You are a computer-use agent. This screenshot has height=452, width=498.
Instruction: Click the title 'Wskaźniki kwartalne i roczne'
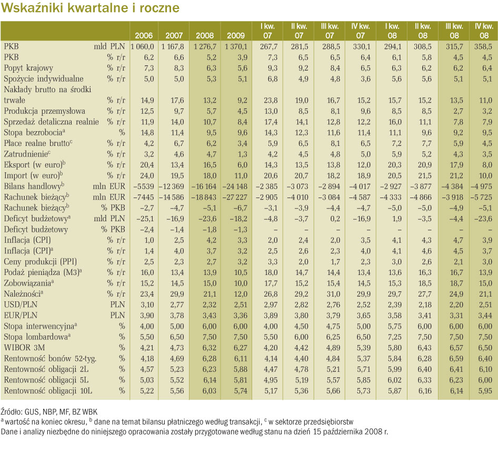pos(90,8)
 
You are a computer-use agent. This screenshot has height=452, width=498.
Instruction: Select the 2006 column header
pos(144,36)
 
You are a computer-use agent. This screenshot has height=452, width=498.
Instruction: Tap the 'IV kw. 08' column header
pos(484,31)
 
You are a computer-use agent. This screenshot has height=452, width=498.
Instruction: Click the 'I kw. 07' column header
pos(267,31)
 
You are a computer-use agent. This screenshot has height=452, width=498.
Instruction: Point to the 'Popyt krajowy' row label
pos(28,68)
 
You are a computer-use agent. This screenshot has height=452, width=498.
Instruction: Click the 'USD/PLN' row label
pos(21,305)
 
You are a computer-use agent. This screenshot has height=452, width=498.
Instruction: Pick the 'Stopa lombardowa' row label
pos(37,337)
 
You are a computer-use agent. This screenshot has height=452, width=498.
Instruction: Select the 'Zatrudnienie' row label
pos(27,154)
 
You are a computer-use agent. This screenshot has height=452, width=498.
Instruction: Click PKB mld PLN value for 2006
pos(142,47)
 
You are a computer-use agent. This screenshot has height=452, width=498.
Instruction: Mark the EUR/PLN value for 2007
pos(177,316)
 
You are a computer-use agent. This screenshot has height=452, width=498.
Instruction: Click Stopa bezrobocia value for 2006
pos(147,133)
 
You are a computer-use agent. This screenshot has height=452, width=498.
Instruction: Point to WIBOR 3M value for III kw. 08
pos(456,348)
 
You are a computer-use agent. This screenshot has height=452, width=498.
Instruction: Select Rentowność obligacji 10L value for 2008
pos(210,391)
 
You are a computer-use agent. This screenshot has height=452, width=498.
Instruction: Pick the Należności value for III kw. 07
pos(333,294)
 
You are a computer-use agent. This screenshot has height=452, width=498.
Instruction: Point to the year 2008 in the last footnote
pos(373,431)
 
